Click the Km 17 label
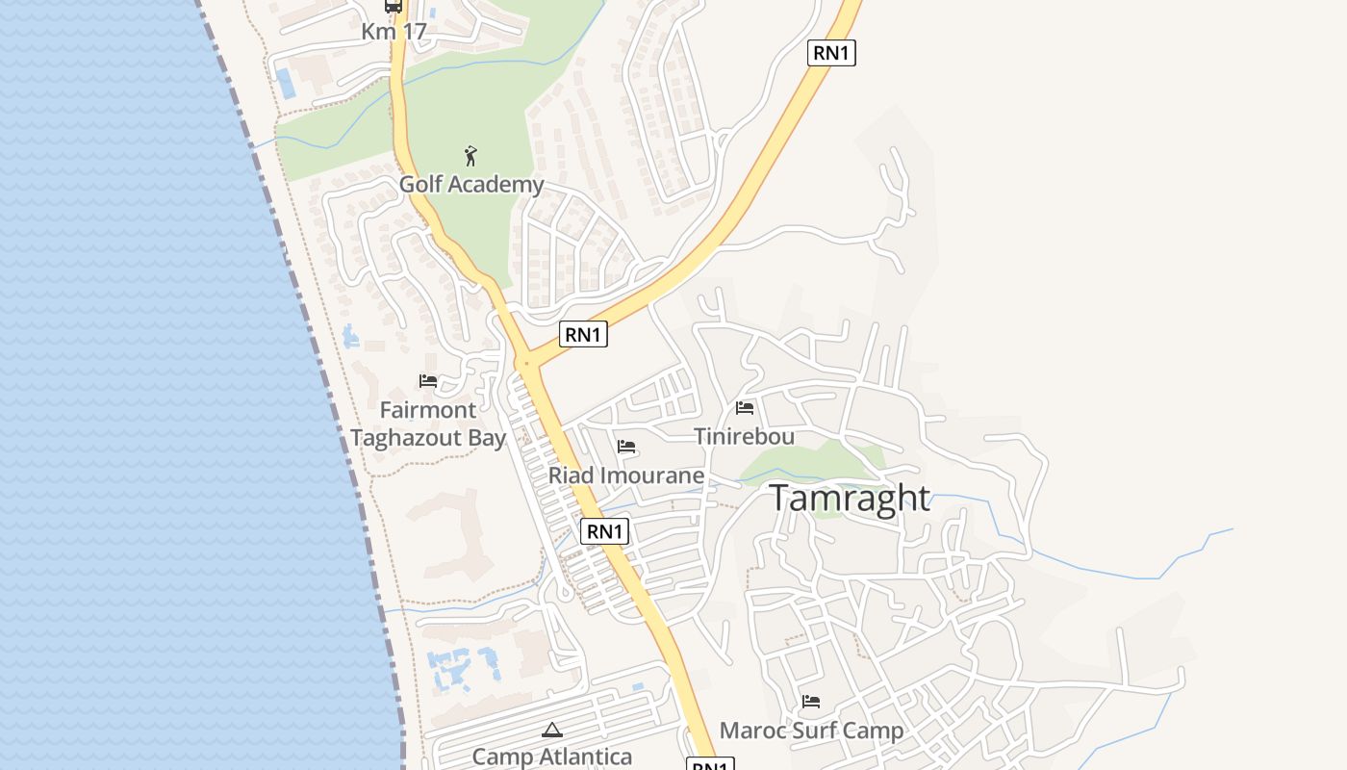tap(394, 31)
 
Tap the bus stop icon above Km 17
tap(394, 6)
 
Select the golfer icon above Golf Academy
tap(470, 156)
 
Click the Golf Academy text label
tap(471, 184)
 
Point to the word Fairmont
tap(428, 410)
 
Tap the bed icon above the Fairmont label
tap(428, 382)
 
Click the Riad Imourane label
tap(626, 475)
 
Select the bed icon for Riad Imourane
tap(626, 447)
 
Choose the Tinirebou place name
tap(745, 436)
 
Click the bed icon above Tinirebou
tap(745, 408)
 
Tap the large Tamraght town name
tap(850, 499)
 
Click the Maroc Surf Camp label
tap(811, 731)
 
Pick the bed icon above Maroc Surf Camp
tap(811, 702)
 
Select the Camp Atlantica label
tap(552, 757)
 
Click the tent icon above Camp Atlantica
tap(552, 731)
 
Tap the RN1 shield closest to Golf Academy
tap(583, 334)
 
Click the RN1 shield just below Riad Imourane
tap(604, 530)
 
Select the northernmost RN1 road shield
tap(830, 53)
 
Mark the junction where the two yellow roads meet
tap(526, 364)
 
